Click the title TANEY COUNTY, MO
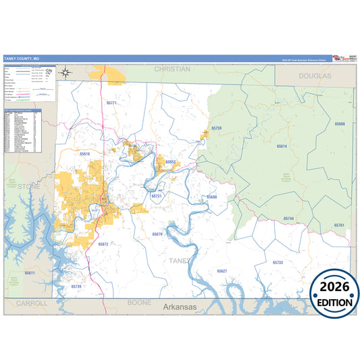point(20,59)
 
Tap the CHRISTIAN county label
point(172,69)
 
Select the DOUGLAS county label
point(315,77)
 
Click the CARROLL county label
point(32,303)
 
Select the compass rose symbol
point(65,72)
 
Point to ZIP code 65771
point(112,103)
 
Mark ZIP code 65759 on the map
point(216,128)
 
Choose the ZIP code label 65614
point(282,146)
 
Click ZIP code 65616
point(85,154)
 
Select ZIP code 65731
point(157,196)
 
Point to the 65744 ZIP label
point(288,219)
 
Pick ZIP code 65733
point(278,262)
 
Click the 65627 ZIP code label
point(222,270)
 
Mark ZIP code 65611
point(30,273)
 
